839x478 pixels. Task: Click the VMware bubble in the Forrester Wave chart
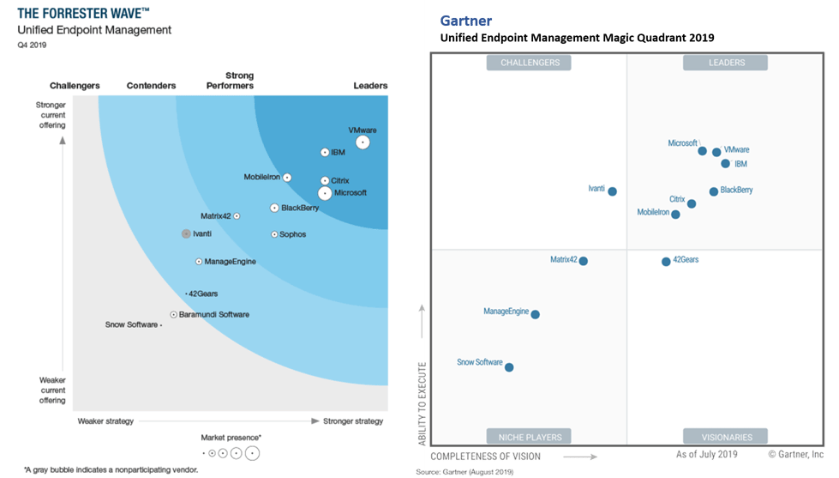[x=363, y=142]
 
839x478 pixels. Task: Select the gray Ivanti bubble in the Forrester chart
[x=186, y=233]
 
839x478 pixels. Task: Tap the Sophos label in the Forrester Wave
[x=292, y=234]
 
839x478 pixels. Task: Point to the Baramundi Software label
[x=214, y=315]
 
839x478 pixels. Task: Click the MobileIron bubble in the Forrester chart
[x=287, y=178]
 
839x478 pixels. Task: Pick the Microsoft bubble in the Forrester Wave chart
[x=325, y=193]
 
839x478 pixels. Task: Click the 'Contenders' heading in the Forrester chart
[x=151, y=86]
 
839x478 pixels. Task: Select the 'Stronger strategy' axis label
[x=353, y=421]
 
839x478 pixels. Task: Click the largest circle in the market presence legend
[x=251, y=452]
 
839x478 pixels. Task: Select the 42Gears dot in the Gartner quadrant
[x=666, y=261]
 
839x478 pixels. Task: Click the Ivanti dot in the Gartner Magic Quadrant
[x=612, y=191]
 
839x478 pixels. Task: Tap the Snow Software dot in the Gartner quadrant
[x=509, y=367]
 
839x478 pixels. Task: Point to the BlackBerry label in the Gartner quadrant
[x=736, y=190]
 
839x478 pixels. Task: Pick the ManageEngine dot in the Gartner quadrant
[x=536, y=315]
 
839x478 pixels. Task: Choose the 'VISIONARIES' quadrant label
[x=724, y=436]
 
